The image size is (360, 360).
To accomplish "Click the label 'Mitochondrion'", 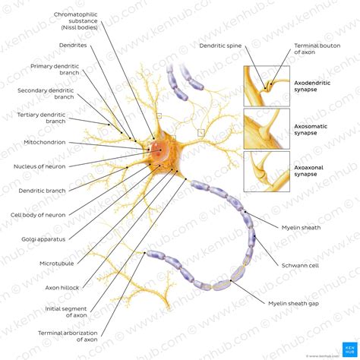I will (43, 142).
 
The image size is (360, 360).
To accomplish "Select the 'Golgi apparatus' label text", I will (43, 238).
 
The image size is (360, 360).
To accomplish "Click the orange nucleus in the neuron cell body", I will (159, 150).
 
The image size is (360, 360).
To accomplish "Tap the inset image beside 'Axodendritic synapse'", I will (266, 87).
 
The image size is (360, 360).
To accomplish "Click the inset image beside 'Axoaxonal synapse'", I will (266, 172).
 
